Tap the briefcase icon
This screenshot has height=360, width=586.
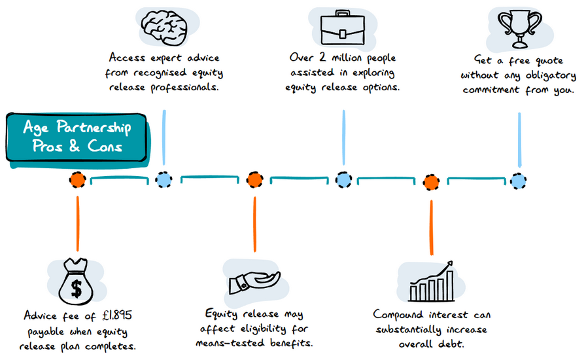tap(343, 26)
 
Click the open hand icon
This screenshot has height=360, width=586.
tap(254, 282)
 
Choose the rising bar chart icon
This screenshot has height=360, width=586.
tap(432, 282)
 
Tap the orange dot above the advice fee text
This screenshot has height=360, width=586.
tap(77, 180)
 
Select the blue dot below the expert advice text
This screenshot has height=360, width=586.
tap(164, 180)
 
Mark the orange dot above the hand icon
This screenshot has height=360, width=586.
tap(254, 180)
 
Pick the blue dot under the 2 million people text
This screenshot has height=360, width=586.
tap(343, 180)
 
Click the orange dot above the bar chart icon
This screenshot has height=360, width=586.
tap(431, 181)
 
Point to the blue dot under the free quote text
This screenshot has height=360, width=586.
tap(519, 180)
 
